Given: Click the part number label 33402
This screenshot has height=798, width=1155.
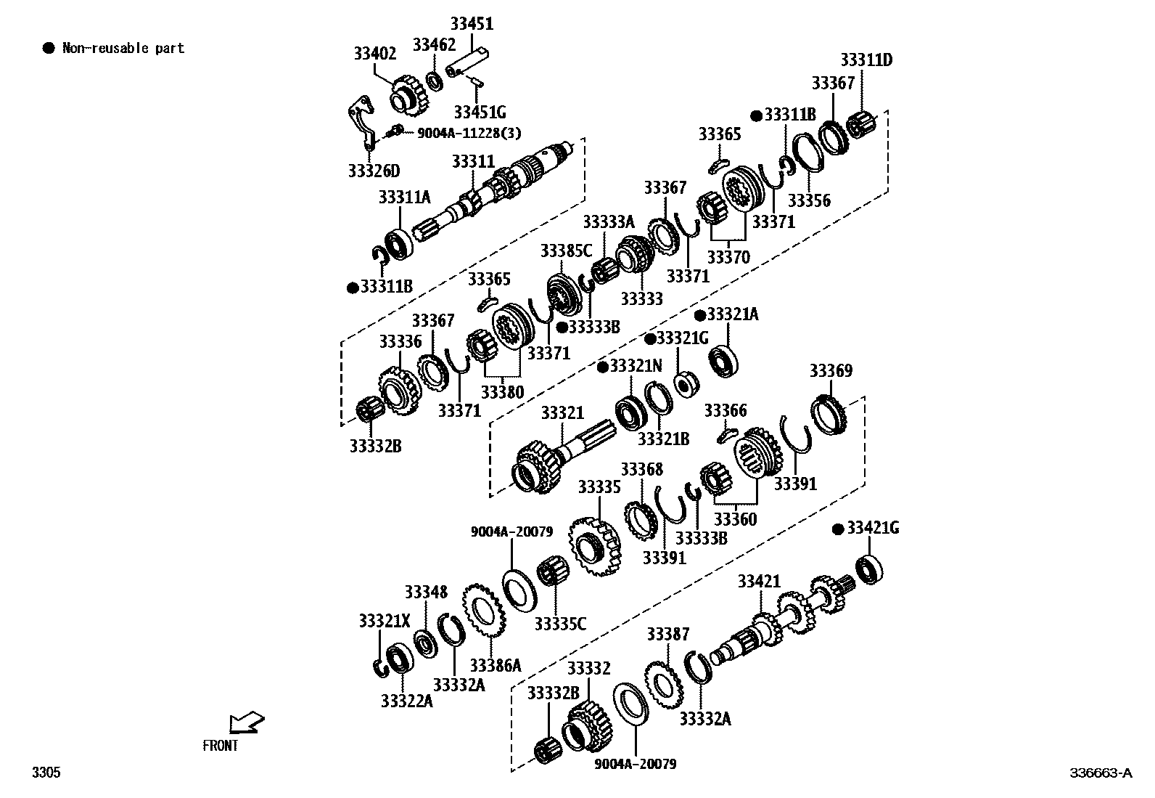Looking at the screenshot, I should coord(375,54).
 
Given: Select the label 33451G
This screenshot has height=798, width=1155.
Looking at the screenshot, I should coord(480,113).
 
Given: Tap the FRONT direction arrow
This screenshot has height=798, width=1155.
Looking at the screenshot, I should coord(245,722).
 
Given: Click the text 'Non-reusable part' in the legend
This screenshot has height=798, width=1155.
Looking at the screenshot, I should coord(123,49).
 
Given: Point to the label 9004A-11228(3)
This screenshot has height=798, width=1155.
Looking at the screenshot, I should coord(469,134).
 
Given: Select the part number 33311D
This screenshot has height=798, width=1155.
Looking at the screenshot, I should coord(866,60).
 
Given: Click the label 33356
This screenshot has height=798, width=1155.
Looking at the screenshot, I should coord(809,200).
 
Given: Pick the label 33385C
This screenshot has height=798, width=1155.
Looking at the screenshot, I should coord(566,251).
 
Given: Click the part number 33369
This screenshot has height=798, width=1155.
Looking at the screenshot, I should coord(831,371).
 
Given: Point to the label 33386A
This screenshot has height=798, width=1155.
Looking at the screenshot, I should coord(496,666).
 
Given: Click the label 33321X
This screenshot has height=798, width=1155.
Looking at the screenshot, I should coord(385,621).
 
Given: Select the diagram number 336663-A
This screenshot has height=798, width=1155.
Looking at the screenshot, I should coord(1100,773).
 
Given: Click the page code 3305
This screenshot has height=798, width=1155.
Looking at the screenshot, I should coord(46,773).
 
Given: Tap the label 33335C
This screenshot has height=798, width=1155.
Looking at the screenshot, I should coord(560,624).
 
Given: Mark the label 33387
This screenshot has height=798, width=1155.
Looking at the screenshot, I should coord(668,635).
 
